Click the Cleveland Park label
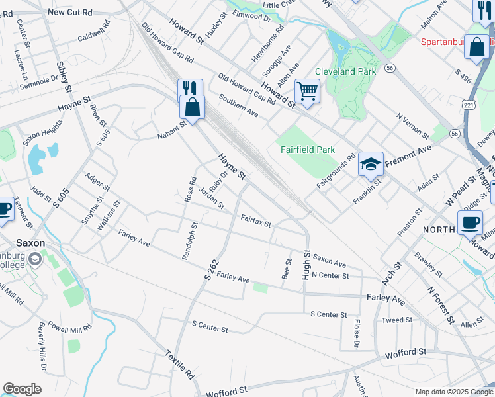(x=345, y=71)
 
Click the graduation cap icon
(x=371, y=163)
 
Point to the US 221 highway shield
(x=468, y=105)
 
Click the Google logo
(x=22, y=389)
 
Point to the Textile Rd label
(x=181, y=365)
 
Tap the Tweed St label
(x=397, y=320)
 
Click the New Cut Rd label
(x=69, y=12)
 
